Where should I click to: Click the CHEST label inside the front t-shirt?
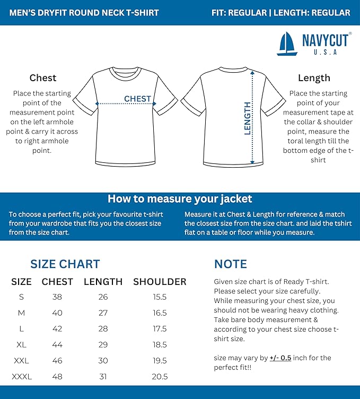click(137, 99)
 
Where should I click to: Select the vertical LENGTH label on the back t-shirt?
click(247, 118)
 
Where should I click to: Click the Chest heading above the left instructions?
click(43, 78)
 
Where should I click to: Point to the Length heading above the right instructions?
click(314, 78)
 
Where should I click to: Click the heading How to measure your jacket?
click(180, 199)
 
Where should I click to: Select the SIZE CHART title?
click(65, 264)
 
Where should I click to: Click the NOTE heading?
click(230, 264)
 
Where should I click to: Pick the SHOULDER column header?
click(160, 282)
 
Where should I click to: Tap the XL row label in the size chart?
click(21, 345)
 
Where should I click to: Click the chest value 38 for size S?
click(57, 297)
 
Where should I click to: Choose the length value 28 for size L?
click(103, 329)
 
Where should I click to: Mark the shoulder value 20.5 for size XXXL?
click(160, 377)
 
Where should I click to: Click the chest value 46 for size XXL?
click(57, 361)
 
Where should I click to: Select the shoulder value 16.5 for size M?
click(160, 313)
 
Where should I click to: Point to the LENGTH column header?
click(103, 282)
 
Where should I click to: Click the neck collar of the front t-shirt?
click(125, 71)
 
